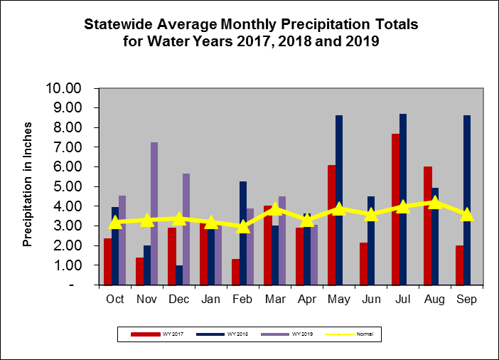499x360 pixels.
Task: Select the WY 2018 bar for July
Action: coord(403,199)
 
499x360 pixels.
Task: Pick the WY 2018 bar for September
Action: coord(467,200)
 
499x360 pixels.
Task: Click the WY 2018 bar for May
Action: coord(339,200)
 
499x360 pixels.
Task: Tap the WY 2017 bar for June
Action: coord(363,263)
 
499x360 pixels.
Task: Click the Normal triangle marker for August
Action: coord(434,202)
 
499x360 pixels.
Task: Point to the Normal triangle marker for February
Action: coord(243,226)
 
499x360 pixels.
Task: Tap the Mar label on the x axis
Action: coord(275,299)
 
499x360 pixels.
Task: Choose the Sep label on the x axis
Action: coord(467,299)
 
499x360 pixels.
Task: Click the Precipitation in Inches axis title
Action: coord(28,186)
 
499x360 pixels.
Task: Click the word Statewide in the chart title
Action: coord(120,24)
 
